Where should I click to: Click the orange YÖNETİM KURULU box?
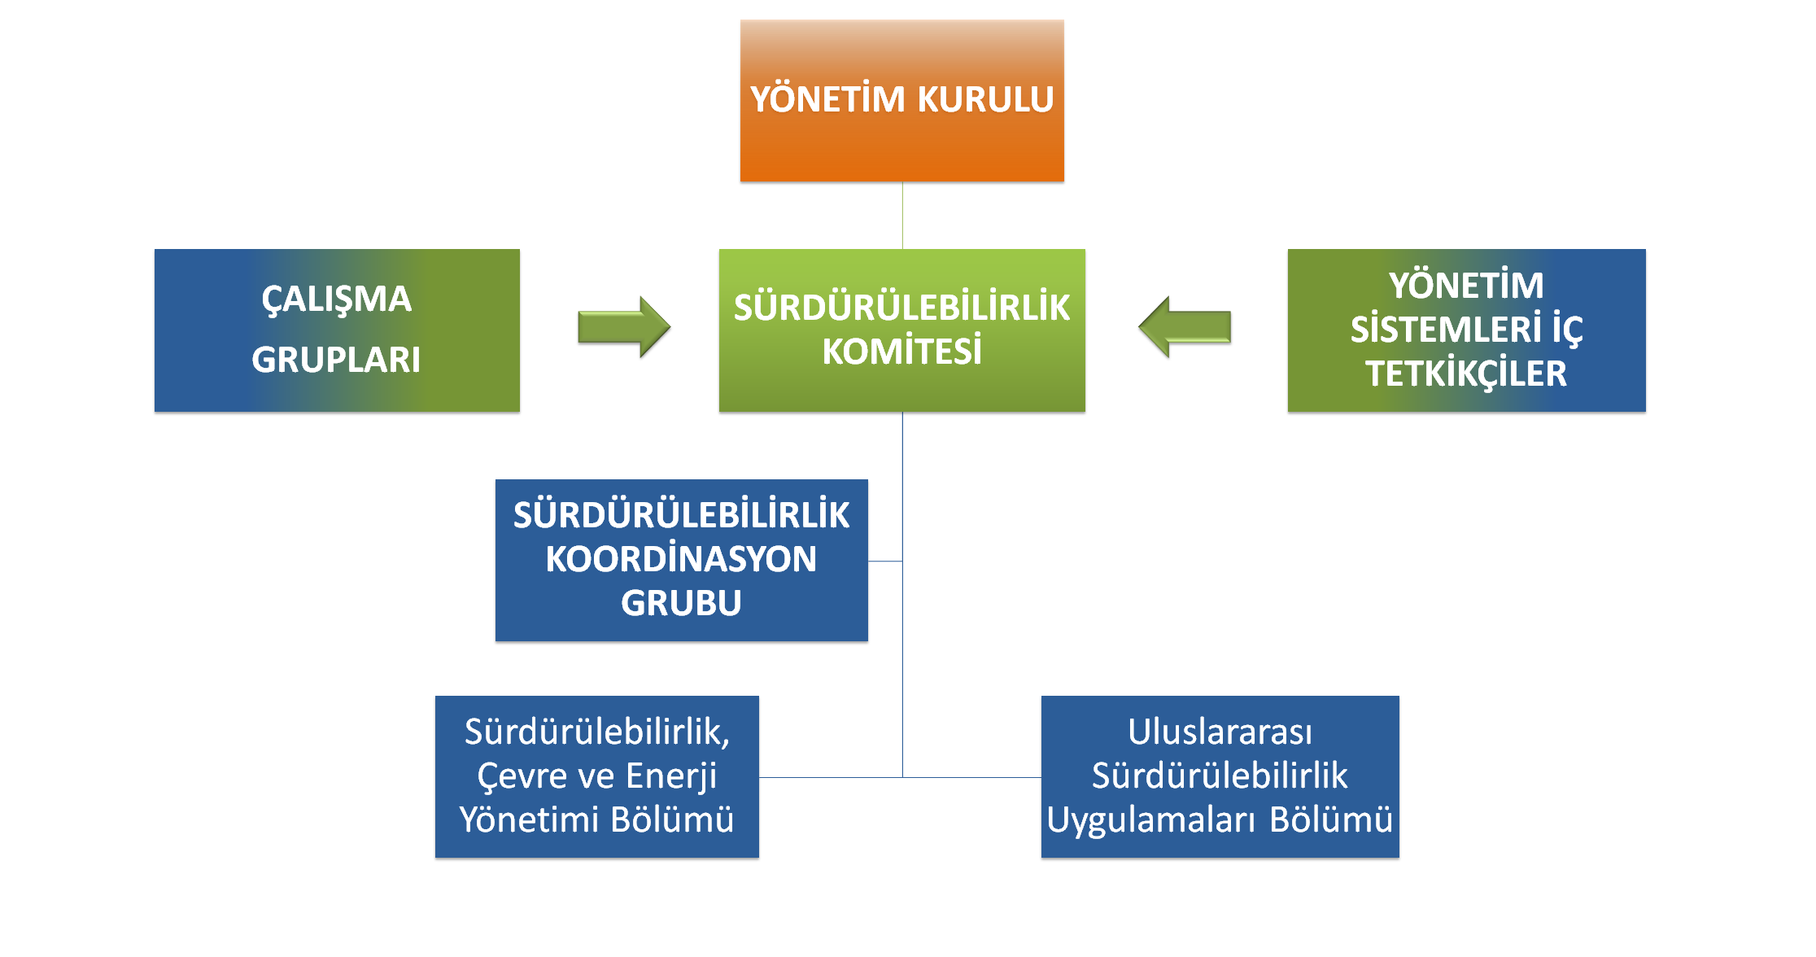901,100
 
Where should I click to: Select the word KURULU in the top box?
985,99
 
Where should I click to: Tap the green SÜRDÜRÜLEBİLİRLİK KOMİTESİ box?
901,330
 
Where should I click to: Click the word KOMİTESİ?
901,352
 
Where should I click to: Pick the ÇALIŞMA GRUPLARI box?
337,330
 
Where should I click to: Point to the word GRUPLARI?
336,360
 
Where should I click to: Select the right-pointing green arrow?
624,327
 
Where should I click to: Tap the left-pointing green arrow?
1185,327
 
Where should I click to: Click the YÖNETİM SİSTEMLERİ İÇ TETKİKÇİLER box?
1466,330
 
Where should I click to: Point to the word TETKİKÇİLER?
1466,374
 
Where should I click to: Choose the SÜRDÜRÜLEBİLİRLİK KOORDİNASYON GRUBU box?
682,560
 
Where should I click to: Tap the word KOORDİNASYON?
681,559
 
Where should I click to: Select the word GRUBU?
681,603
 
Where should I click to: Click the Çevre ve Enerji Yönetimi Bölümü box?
597,776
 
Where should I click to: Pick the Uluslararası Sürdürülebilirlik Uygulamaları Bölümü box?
1220,776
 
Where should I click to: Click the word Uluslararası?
1220,732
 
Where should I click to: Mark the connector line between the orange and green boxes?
902,215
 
